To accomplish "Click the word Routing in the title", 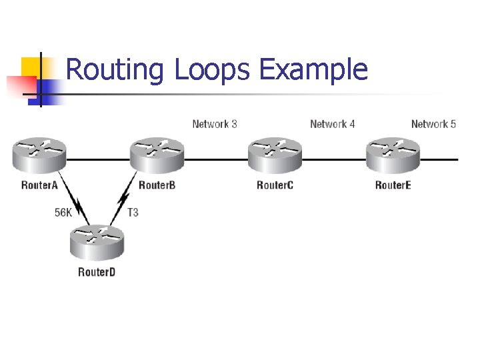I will point(115,70).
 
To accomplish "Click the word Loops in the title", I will point(212,70).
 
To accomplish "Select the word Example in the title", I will point(313,70).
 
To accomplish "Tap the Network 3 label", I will point(215,124).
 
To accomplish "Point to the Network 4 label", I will point(333,124).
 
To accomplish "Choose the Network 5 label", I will point(433,124).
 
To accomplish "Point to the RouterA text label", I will point(39,185).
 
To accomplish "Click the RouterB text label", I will point(157,185).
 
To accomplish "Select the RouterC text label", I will point(275,185).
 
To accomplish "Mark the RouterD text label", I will point(97,272).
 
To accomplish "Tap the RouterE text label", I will point(393,185).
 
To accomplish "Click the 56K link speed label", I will point(63,213).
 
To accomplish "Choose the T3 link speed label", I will point(133,213).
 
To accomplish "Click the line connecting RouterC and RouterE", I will point(333,160).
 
